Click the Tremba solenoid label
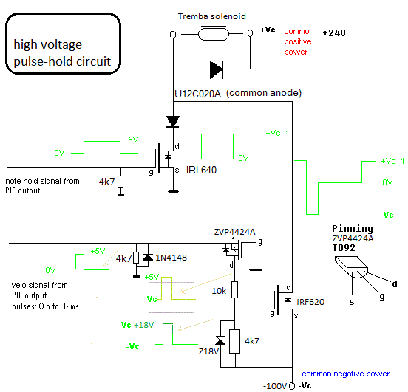212,16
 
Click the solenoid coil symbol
214,34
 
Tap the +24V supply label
334,33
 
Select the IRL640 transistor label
201,170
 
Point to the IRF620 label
310,302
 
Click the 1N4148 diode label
171,258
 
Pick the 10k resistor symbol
235,289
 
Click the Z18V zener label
208,351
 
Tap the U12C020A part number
198,94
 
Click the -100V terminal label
275,386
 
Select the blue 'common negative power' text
346,374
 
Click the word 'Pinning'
353,229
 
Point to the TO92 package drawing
351,267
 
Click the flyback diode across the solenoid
217,69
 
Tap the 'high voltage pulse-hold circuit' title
62,52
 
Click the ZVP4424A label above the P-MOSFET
235,232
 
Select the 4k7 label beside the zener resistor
252,341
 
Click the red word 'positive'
298,41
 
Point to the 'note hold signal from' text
42,181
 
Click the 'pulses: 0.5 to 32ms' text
45,306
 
